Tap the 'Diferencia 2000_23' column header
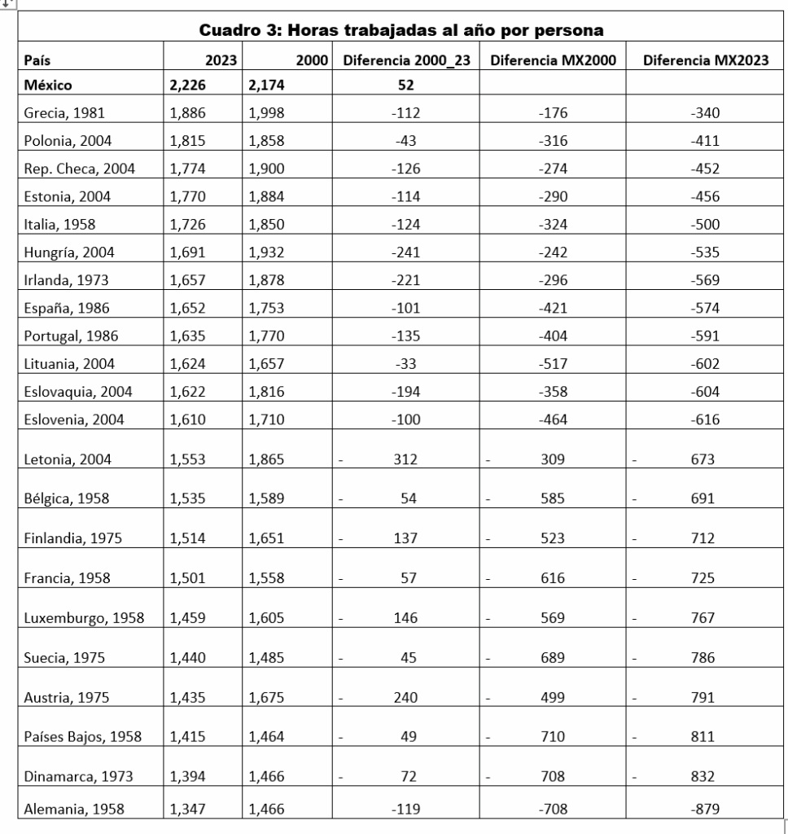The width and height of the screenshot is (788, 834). click(408, 59)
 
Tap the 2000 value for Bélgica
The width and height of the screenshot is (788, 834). click(266, 498)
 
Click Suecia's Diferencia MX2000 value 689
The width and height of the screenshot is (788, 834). click(554, 658)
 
